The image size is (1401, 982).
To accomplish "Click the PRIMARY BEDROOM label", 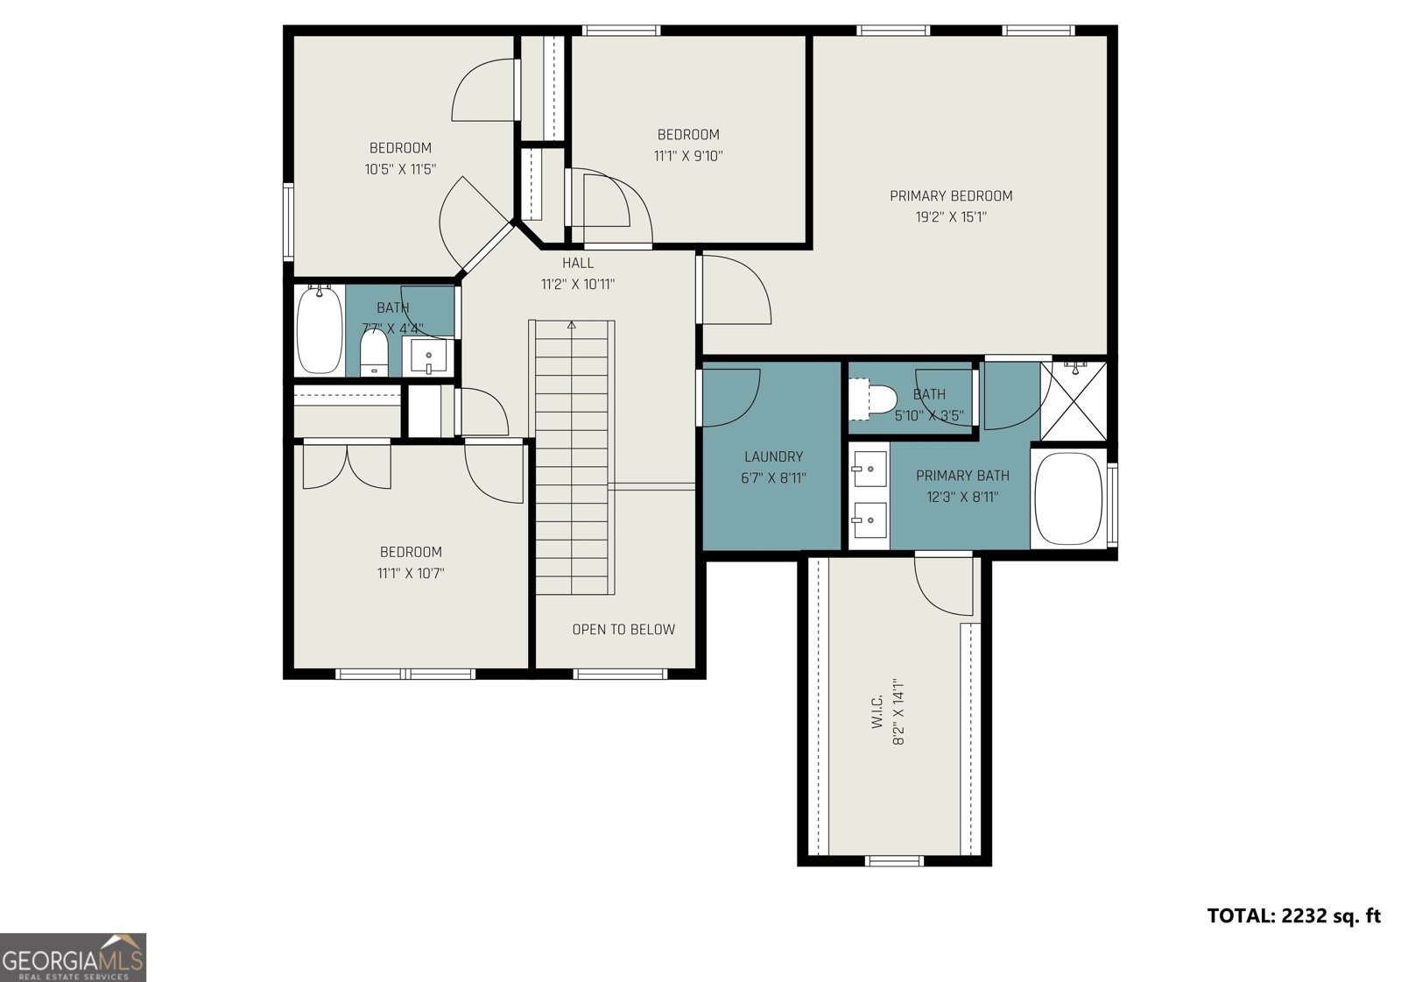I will (x=951, y=196).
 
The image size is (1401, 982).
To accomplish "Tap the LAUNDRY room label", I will (x=773, y=456).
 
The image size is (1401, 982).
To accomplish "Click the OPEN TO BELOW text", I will (x=623, y=629).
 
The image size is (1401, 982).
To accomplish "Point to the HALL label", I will (x=578, y=263).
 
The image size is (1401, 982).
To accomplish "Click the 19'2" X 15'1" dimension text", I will (x=951, y=217).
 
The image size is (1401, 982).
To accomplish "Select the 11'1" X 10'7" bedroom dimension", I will (x=411, y=574).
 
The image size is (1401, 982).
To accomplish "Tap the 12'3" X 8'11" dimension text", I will (x=962, y=497).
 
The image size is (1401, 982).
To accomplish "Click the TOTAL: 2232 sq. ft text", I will (x=1293, y=916).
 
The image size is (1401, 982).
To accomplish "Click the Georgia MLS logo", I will (x=73, y=957).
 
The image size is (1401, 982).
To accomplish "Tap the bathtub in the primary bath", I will (x=1067, y=498).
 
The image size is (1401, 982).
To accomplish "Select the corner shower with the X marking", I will (x=1074, y=401).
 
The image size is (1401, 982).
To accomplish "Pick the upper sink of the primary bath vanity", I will (x=869, y=470).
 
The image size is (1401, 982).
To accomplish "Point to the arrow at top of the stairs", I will (x=572, y=325).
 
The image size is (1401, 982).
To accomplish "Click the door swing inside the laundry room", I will (x=731, y=399).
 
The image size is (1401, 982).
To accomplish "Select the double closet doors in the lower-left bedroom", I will (x=347, y=467).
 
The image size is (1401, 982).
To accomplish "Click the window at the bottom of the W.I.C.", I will (x=894, y=860).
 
